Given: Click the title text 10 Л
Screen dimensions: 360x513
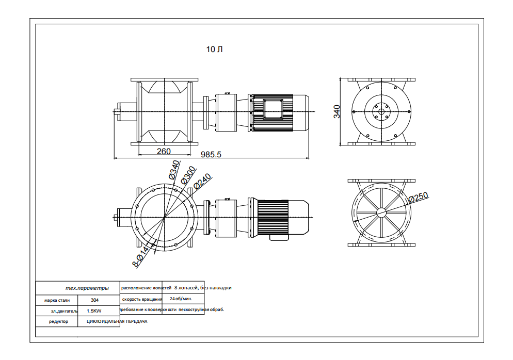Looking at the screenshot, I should tap(214, 50).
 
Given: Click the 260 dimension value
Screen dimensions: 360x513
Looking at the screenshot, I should tap(164, 151).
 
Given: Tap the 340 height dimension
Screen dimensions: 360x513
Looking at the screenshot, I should tap(337, 111).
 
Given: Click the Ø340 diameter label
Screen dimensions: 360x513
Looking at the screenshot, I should tap(174, 170).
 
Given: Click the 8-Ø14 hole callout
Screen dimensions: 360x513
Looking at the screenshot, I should tap(141, 256).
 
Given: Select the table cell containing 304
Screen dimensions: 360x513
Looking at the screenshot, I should tap(94, 300).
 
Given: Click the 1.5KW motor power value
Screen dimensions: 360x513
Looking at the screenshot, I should tap(94, 311).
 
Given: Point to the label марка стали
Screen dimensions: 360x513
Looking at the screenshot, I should tap(57, 300).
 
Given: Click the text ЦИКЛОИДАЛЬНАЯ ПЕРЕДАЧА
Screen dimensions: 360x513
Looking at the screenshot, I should tap(114, 321).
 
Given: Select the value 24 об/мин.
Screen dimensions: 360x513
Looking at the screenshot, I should tap(181, 299).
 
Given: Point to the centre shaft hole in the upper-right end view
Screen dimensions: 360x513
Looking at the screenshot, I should tap(381, 112).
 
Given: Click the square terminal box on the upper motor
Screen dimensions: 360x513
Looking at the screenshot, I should tap(272, 109).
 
